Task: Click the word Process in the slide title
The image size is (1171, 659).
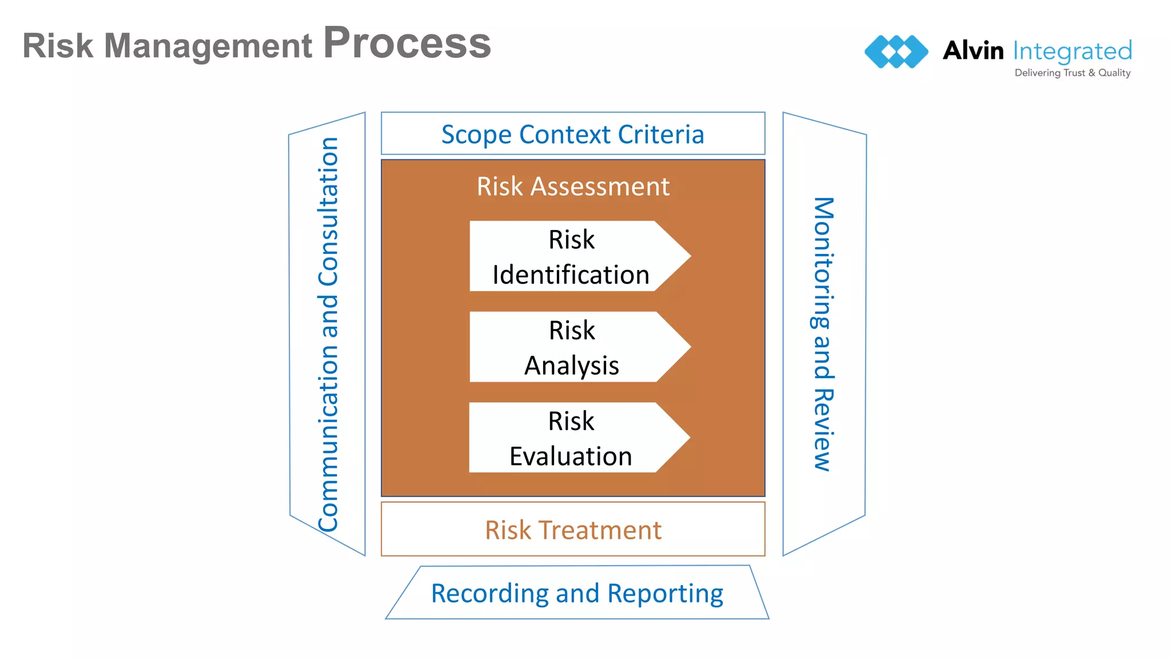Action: coord(407,43)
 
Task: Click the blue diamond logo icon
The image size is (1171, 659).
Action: coord(896,51)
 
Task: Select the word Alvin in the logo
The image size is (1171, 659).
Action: coord(973,50)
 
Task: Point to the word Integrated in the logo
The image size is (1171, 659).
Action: coord(1072,51)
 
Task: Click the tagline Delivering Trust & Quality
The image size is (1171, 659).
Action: coord(1072,73)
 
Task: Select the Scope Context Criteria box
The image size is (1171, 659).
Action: coord(573,134)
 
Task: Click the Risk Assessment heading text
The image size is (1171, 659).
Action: coord(573,186)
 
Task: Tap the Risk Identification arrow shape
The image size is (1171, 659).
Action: coord(572,256)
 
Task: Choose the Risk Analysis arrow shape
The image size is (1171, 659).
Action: coord(572,347)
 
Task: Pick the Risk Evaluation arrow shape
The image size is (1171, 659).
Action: coord(572,438)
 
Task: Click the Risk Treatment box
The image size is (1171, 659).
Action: coord(573,530)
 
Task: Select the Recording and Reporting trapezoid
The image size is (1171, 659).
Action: coord(577,593)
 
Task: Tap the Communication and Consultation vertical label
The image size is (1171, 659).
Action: coord(328,335)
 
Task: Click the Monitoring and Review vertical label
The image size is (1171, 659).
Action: coord(823,335)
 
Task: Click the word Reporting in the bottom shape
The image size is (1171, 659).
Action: coord(665,594)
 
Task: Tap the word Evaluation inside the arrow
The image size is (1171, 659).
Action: coord(571,456)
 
